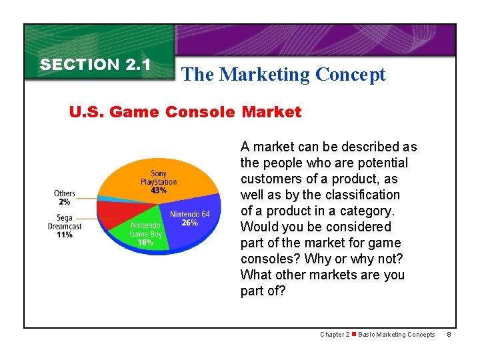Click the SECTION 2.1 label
[96, 65]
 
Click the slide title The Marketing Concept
[283, 75]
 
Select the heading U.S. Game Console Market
[185, 112]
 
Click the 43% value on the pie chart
[159, 191]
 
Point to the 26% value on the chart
[189, 223]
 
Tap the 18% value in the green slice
[145, 243]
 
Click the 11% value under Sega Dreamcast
[65, 235]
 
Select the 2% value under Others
[64, 202]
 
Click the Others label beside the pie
[65, 193]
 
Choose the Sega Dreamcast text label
[65, 222]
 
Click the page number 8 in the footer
[449, 335]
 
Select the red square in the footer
[354, 335]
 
